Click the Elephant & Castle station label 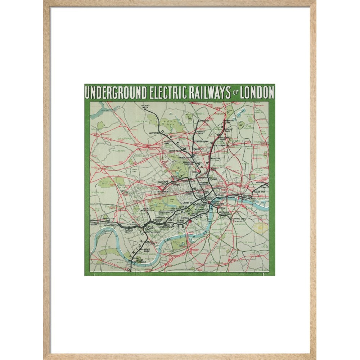pyautogui.click(x=237, y=219)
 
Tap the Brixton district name pyautogui.click(x=221, y=248)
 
